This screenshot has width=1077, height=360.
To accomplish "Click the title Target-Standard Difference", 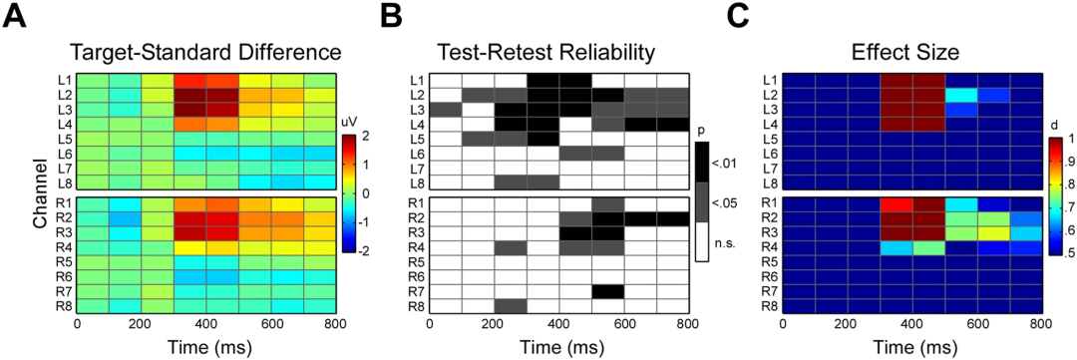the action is [205, 51].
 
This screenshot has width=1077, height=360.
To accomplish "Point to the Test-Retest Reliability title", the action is [558, 51].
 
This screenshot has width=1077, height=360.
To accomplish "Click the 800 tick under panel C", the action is [1041, 322].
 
